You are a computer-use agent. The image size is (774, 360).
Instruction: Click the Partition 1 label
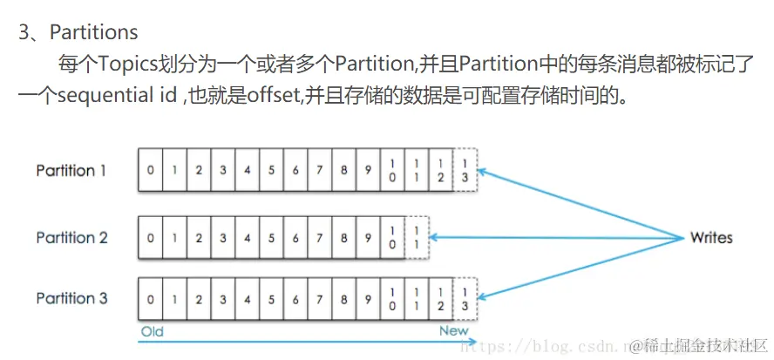[x=71, y=171]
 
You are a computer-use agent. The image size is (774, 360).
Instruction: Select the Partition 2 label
[x=71, y=237]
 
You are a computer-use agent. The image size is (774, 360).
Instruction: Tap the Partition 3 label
[x=71, y=298]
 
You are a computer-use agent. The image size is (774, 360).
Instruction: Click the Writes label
[x=711, y=237]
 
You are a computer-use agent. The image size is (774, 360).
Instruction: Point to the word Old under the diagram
[x=152, y=331]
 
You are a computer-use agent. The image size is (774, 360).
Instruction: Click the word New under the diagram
[x=453, y=331]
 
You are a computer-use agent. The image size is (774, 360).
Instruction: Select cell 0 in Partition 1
[x=151, y=170]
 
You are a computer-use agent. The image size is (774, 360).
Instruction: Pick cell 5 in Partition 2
[x=272, y=237]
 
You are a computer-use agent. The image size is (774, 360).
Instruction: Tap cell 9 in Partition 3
[x=369, y=299]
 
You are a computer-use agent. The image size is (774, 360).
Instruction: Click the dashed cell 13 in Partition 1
[x=466, y=170]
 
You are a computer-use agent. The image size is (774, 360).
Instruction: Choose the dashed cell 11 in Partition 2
[x=418, y=237]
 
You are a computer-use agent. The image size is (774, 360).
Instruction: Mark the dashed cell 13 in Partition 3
[x=466, y=299]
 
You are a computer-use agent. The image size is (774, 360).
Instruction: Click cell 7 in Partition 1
[x=320, y=170]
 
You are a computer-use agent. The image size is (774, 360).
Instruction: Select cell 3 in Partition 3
[x=223, y=299]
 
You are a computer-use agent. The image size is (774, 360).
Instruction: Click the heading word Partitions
[x=94, y=33]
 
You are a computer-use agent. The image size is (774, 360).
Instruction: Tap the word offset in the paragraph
[x=271, y=94]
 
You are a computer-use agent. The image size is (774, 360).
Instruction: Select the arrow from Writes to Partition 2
[x=558, y=237]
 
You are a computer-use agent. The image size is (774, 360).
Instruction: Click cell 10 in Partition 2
[x=393, y=237]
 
